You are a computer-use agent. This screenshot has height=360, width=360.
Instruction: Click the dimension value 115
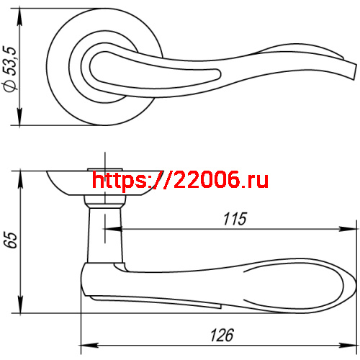click(235, 219)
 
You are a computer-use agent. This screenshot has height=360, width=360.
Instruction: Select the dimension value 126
click(222, 335)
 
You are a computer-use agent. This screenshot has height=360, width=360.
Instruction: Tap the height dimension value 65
click(10, 240)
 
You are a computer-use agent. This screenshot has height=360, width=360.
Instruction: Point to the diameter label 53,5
click(10, 61)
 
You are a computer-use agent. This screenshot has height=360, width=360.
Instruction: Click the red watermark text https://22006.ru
click(180, 180)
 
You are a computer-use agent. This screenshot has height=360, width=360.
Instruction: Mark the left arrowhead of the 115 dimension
click(113, 229)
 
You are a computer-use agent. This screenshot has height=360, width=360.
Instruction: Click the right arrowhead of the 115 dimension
click(347, 229)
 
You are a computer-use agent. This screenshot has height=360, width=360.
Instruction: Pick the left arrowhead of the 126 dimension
click(89, 346)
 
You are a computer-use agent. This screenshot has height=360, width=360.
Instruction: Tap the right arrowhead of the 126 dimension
click(347, 346)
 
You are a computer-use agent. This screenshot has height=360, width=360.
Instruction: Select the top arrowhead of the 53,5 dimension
click(19, 17)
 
